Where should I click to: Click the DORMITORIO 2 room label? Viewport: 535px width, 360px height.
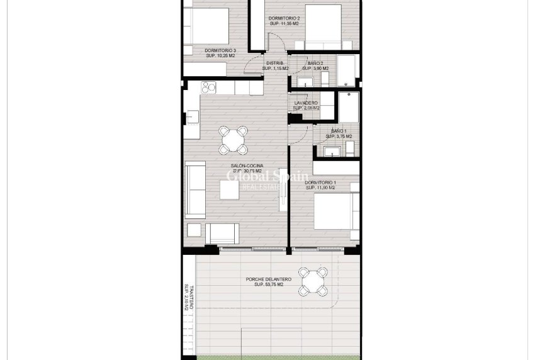284,19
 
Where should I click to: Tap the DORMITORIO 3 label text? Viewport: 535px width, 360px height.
220,51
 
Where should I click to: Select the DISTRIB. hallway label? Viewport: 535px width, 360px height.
275,64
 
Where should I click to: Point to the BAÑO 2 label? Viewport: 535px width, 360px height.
315,64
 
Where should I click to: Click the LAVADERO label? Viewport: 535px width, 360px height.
306,103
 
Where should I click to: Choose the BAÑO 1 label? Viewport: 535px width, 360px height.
338,131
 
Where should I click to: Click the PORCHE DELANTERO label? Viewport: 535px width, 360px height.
269,279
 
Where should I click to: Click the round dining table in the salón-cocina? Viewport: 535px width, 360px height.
233,139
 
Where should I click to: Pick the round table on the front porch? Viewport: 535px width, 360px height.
313,281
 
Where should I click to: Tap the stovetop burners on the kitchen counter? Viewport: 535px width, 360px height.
208,87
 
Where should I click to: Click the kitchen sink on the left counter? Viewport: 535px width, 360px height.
192,117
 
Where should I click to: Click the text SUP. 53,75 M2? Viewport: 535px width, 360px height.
269,285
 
